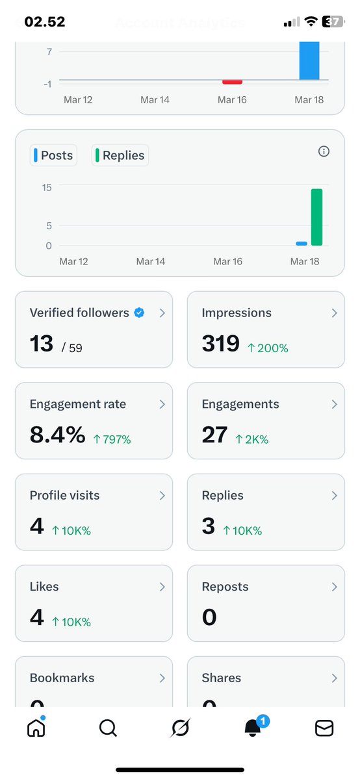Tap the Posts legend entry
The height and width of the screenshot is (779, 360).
tap(55, 156)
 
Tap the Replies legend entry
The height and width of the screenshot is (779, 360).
tap(120, 156)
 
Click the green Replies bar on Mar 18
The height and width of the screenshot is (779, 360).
tap(316, 217)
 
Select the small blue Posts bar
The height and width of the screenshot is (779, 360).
tap(302, 244)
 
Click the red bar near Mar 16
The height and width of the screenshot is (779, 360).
tap(232, 82)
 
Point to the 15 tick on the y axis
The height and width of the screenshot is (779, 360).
tap(46, 187)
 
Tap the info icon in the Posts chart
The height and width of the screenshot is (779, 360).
tap(324, 151)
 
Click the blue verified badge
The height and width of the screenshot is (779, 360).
tap(139, 313)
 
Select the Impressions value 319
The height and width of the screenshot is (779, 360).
tap(221, 343)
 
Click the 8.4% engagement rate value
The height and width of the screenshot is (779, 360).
tap(57, 435)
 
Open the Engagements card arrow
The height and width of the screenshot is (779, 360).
tap(334, 404)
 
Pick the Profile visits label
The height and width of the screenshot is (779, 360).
tap(64, 495)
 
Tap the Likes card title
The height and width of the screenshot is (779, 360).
tap(44, 587)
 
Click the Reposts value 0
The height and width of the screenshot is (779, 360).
tap(209, 617)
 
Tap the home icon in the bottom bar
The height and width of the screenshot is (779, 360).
tap(36, 729)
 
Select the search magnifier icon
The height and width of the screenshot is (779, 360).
tap(108, 729)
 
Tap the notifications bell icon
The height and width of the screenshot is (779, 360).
tap(253, 728)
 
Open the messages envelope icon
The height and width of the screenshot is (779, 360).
tap(324, 729)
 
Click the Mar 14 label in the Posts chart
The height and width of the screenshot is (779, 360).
tap(150, 261)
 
